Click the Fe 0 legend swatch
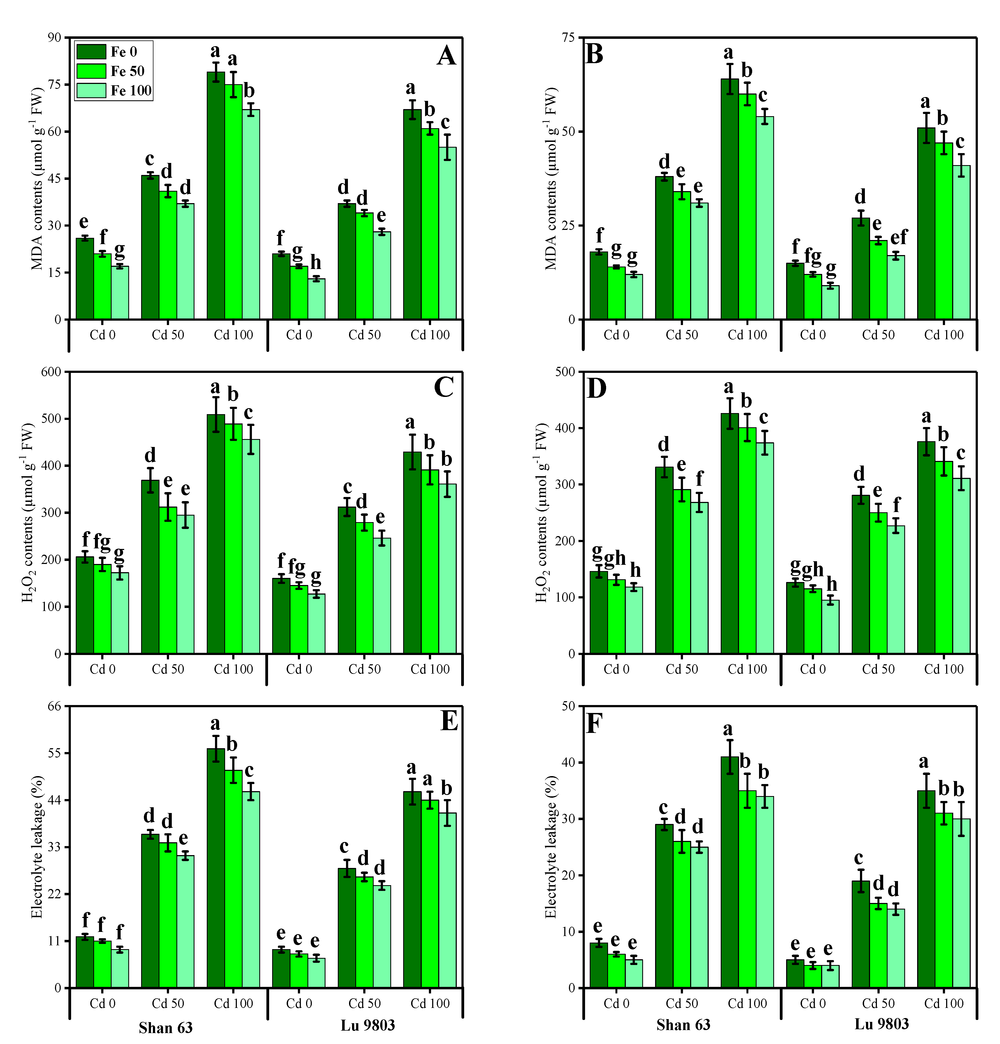pos(91,52)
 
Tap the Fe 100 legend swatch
pos(91,90)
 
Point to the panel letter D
pos(597,388)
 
